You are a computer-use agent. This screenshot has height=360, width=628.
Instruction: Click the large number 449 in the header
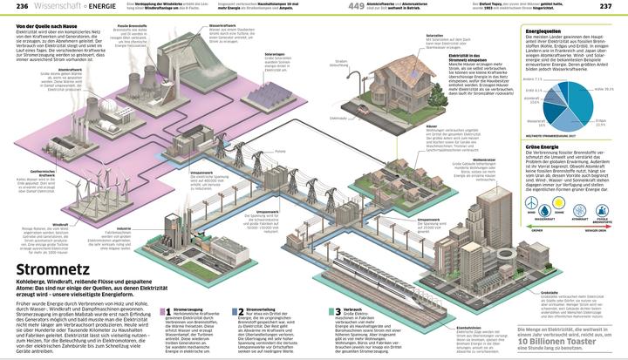pos(356,7)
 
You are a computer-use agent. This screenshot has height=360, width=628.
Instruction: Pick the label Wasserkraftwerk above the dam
pos(222,25)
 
